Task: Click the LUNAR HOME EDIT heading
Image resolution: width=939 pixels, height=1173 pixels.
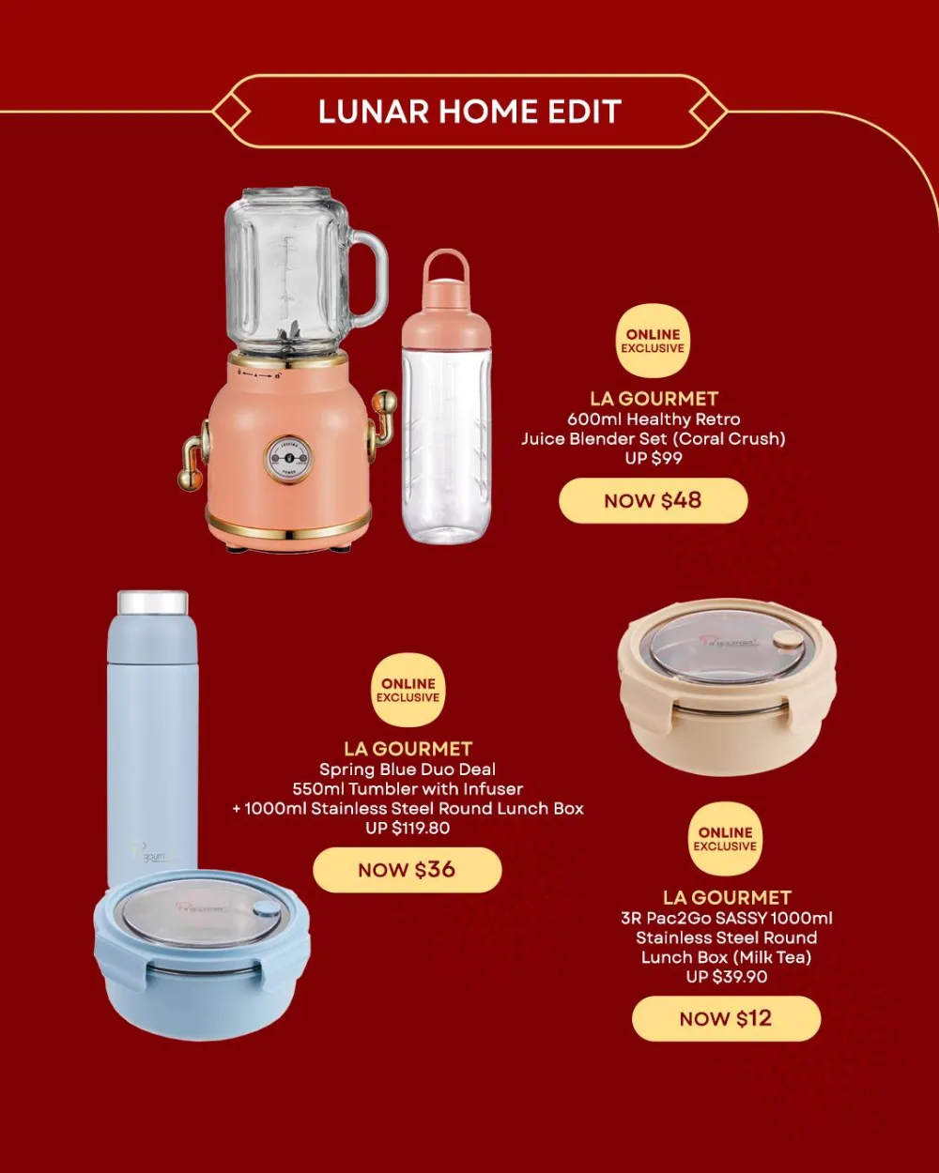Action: tap(469, 112)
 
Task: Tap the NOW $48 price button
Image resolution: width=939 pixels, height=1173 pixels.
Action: tap(653, 500)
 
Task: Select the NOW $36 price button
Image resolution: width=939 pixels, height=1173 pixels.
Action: tap(407, 870)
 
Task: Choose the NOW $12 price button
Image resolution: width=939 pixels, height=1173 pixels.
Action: tap(725, 1018)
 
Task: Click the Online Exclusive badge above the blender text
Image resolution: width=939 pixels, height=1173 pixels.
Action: tap(653, 341)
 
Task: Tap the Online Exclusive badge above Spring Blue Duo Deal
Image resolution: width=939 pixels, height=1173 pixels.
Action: tap(408, 690)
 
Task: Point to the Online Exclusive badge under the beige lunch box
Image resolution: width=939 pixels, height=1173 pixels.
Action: tap(725, 838)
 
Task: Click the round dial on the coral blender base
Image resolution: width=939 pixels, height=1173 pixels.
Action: tap(287, 458)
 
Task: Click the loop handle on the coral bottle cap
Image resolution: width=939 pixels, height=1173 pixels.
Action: tap(445, 267)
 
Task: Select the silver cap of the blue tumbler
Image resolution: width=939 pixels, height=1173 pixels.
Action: tap(152, 602)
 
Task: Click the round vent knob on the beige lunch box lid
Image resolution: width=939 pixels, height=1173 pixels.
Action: tap(788, 639)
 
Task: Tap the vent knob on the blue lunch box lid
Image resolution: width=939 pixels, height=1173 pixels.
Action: tap(267, 909)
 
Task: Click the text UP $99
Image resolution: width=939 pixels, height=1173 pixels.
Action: tap(654, 458)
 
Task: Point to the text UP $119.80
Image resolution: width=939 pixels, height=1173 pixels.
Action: tap(408, 828)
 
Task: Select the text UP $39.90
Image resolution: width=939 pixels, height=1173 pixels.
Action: tap(726, 977)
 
